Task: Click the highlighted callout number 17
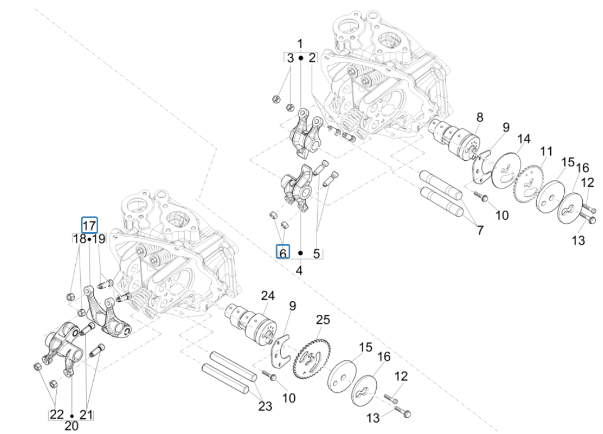[89, 226]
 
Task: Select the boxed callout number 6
[283, 254]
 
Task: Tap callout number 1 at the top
[300, 44]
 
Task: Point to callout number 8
[479, 117]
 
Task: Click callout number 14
[524, 139]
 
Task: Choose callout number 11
[546, 151]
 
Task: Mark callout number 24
[268, 296]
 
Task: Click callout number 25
[322, 320]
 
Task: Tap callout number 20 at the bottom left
[72, 426]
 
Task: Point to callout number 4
[299, 270]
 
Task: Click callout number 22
[57, 414]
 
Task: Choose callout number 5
[316, 254]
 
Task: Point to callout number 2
[312, 57]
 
